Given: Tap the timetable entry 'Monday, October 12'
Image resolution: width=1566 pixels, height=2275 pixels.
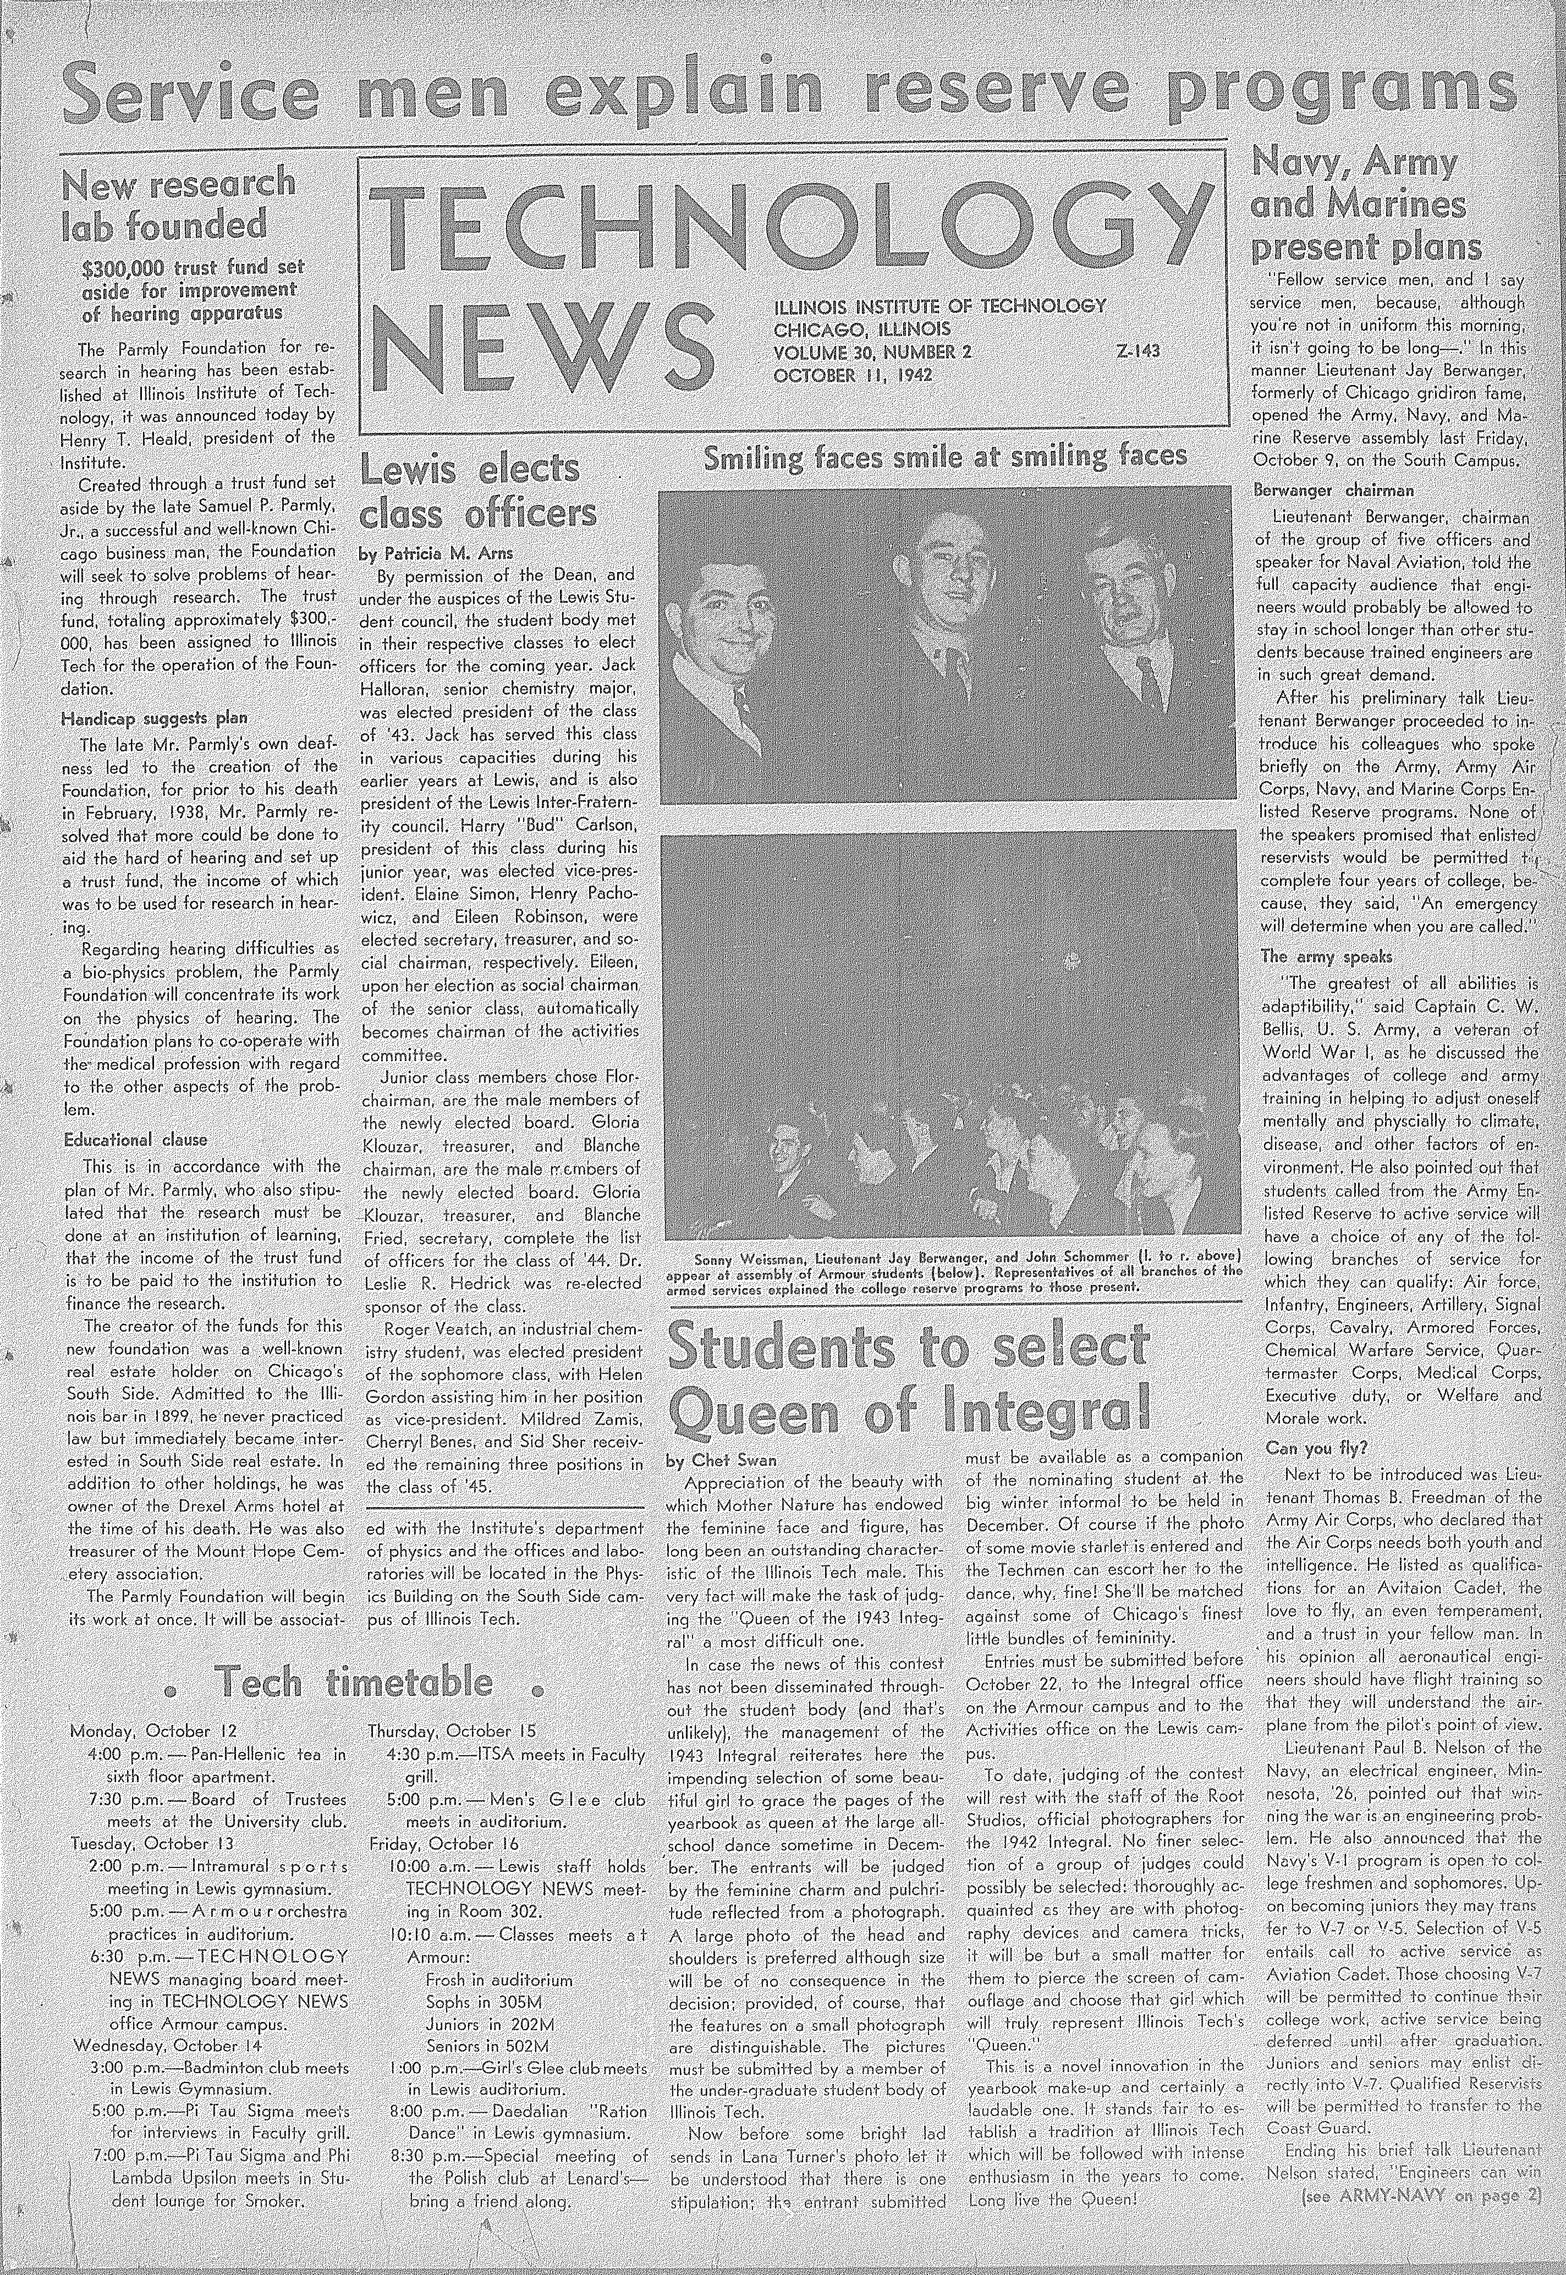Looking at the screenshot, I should click(x=154, y=1730).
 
